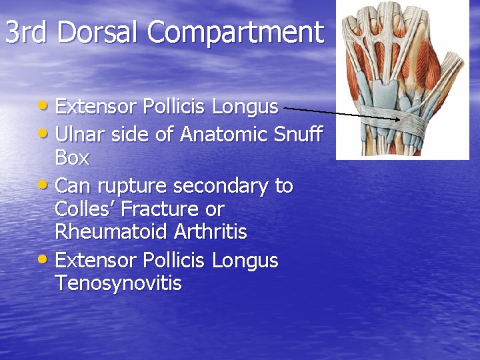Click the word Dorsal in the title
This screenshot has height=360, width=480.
tap(98, 32)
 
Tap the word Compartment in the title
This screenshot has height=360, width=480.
tap(235, 32)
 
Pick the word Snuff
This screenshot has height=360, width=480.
tap(298, 134)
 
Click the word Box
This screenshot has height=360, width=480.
tap(72, 158)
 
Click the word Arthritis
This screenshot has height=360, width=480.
tap(210, 232)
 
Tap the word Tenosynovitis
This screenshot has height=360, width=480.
tap(118, 283)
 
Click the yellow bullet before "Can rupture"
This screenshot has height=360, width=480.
tap(45, 186)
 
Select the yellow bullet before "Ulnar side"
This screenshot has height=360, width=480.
tap(45, 135)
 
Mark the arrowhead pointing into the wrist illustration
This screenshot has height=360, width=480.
tap(397, 119)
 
